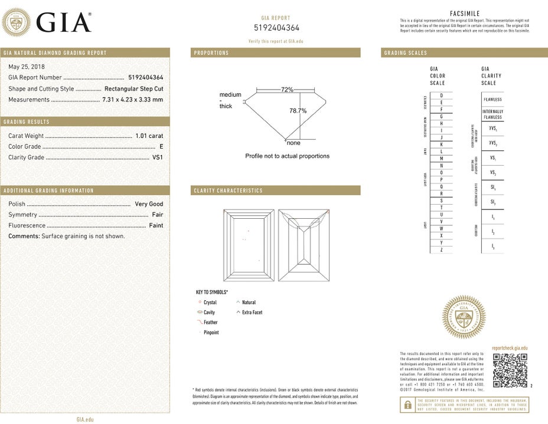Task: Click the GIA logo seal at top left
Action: (17, 23)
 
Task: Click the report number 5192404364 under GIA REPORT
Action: (276, 28)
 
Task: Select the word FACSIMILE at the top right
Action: (464, 13)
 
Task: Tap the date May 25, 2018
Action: (27, 67)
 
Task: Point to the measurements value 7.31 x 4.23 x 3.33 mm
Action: (132, 100)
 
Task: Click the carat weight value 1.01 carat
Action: (149, 136)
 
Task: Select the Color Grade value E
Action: (161, 146)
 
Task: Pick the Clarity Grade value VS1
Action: (158, 157)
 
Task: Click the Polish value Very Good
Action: (149, 204)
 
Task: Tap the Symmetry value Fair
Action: (157, 215)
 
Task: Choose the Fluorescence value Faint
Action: (156, 225)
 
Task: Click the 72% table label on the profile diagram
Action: (287, 90)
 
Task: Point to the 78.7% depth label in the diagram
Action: (298, 111)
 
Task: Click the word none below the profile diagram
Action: (293, 143)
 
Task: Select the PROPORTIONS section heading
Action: (211, 53)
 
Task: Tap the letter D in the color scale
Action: (441, 95)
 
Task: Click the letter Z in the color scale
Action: (441, 250)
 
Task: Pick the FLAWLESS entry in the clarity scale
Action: (492, 100)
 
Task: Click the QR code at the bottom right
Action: (510, 370)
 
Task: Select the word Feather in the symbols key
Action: (210, 323)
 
